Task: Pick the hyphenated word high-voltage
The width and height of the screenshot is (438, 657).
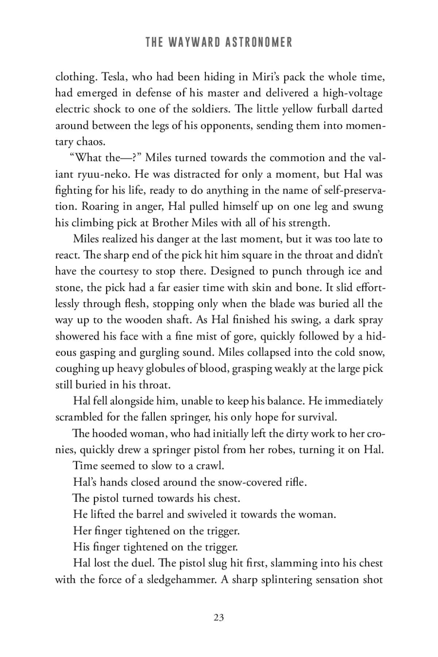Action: click(x=352, y=93)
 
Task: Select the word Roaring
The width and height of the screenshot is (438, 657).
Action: click(x=97, y=207)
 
